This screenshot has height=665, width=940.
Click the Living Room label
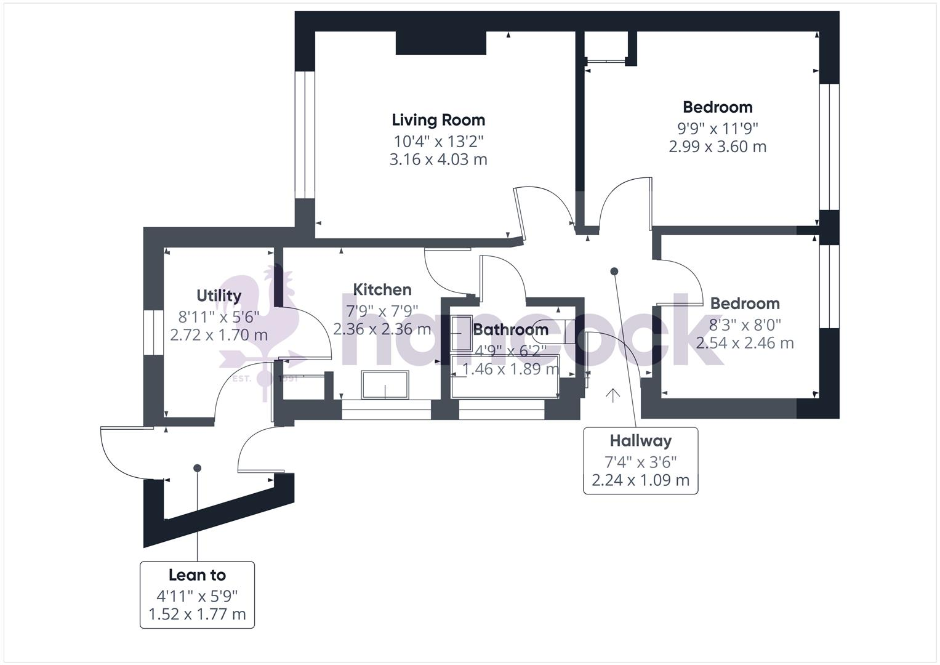pos(438,120)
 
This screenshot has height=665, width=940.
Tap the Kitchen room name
pos(382,289)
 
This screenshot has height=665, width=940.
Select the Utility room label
pos(219,296)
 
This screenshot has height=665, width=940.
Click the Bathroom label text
pos(510,329)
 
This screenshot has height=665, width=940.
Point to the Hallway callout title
pos(640,441)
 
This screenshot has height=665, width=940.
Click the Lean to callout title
pos(197,575)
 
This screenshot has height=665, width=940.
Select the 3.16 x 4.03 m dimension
pos(438,160)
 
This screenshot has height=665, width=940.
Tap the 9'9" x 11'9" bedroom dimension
pos(717,129)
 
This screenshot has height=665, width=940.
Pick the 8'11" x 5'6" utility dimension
pos(219,317)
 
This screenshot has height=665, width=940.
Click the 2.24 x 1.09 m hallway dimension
pos(640,480)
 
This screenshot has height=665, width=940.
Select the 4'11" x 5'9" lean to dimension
pos(197,596)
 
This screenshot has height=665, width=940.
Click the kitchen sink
pos(385,385)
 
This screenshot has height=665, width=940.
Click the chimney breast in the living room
pos(441,43)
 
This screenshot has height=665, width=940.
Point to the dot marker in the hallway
pos(614,271)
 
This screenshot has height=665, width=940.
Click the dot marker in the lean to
pos(197,468)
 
